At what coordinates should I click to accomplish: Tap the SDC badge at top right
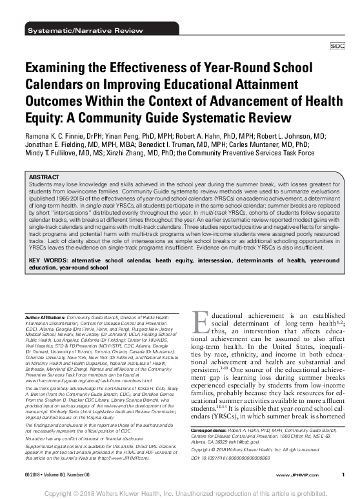[337, 46]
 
